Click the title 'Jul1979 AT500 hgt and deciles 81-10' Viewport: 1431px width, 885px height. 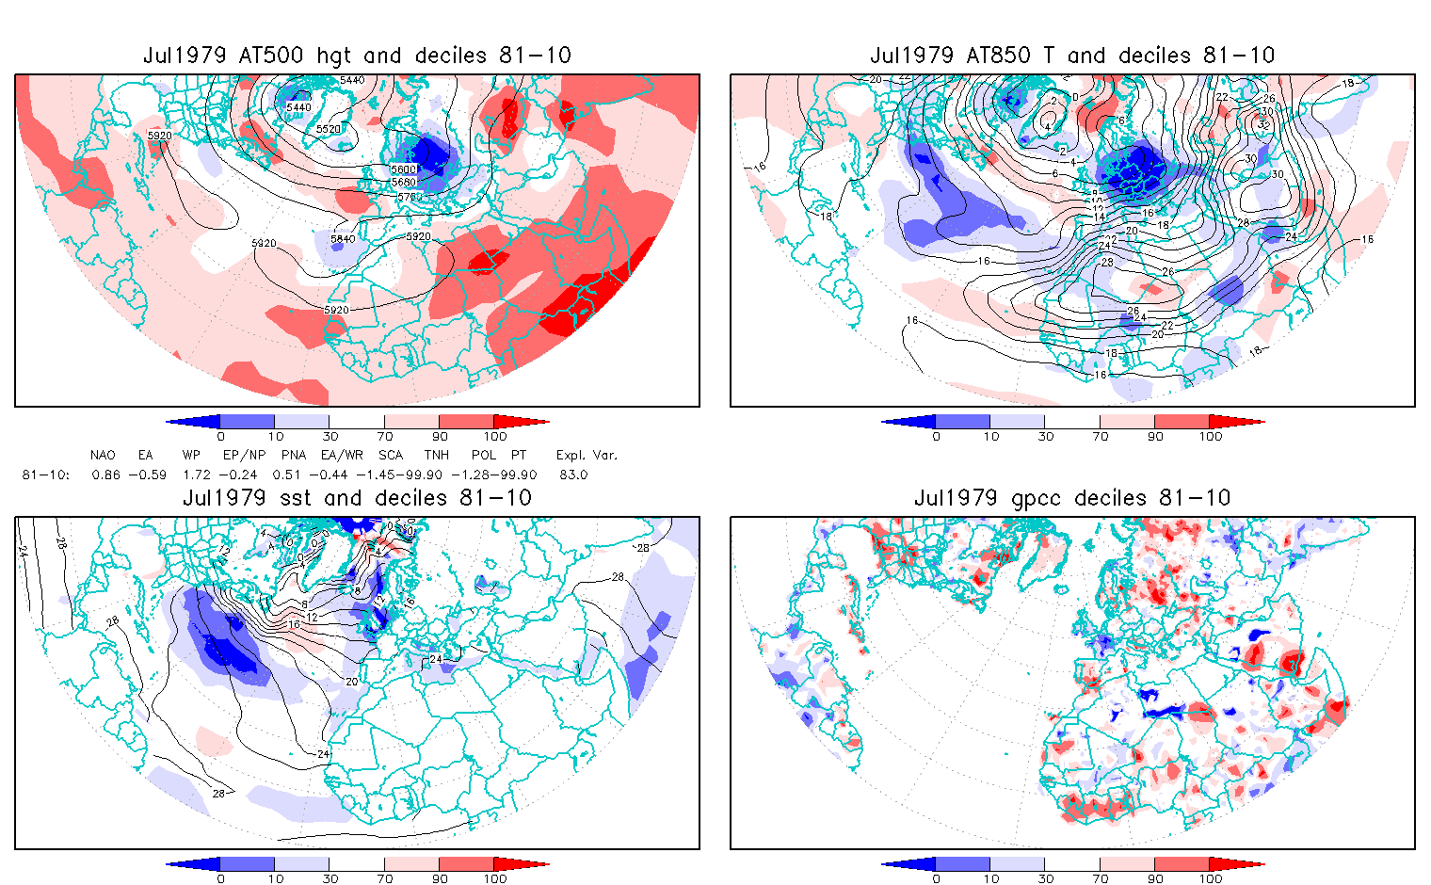tap(357, 56)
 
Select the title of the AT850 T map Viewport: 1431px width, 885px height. tap(1072, 56)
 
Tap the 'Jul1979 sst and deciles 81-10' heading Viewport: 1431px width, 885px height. tap(357, 498)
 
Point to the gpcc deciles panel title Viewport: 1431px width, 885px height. tap(1072, 498)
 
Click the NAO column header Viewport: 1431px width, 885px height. tap(103, 455)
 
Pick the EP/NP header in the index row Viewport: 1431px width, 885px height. tap(240, 455)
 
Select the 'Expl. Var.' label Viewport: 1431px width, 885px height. tap(587, 455)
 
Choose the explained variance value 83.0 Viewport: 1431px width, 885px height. tap(572, 475)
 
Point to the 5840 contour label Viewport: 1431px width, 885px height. tap(343, 239)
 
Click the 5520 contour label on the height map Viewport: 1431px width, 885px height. tap(329, 129)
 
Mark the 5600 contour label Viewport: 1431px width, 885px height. tap(403, 169)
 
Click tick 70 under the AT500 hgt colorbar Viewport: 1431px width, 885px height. tap(385, 437)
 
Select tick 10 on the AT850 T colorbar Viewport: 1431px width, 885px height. tap(990, 437)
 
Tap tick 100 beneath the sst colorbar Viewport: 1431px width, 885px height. tap(495, 879)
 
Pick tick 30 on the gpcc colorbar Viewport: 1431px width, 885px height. tap(1045, 879)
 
